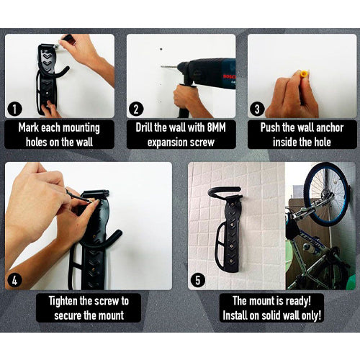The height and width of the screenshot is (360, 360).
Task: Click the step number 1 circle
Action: pyautogui.click(x=15, y=109)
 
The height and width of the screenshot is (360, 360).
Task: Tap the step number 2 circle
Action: pyautogui.click(x=136, y=109)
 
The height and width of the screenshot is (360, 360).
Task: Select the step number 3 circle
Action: pyautogui.click(x=257, y=109)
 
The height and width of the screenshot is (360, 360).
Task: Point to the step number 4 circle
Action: pyautogui.click(x=15, y=280)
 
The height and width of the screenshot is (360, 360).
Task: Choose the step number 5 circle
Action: pyautogui.click(x=198, y=280)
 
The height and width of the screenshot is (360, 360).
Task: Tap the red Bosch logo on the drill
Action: pyautogui.click(x=229, y=77)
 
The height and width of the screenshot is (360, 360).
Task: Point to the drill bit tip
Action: pyautogui.click(x=162, y=66)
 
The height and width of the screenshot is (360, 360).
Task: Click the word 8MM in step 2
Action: pyautogui.click(x=216, y=127)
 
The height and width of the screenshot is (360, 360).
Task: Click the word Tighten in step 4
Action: pyautogui.click(x=63, y=301)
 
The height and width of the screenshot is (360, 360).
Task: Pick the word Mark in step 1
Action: pyautogui.click(x=29, y=127)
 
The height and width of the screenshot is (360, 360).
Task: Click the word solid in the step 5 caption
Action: pyautogui.click(x=271, y=315)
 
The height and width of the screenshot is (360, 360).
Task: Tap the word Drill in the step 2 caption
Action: pyautogui.click(x=144, y=127)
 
